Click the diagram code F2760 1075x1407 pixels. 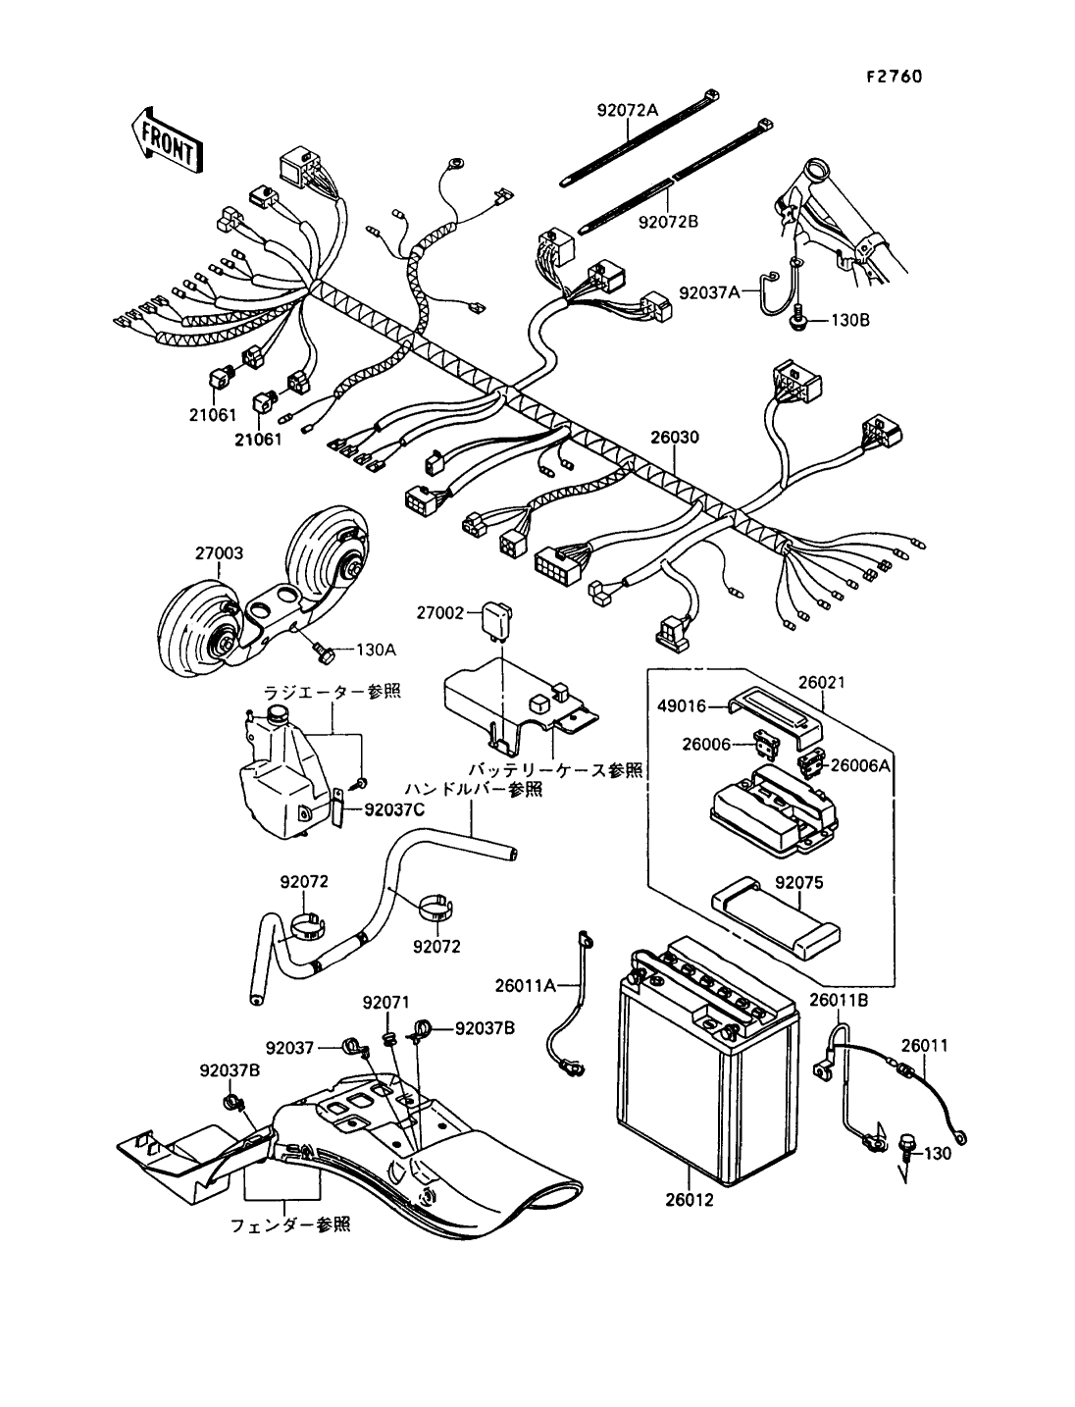point(894,77)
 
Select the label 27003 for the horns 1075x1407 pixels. point(219,553)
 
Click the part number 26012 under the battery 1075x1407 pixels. point(692,1199)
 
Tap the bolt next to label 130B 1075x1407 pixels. point(799,320)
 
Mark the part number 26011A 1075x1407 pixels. point(525,984)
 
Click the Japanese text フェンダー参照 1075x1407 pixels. point(290,1225)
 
